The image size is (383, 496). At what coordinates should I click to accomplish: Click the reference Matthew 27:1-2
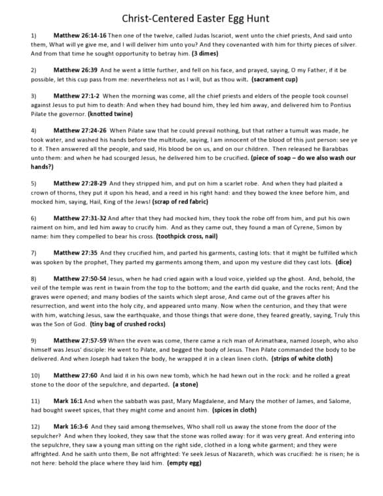pos(76,95)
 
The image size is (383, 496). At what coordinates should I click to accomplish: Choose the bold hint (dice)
pos(342,261)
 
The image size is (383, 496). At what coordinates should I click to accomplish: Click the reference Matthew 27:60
pos(76,374)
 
